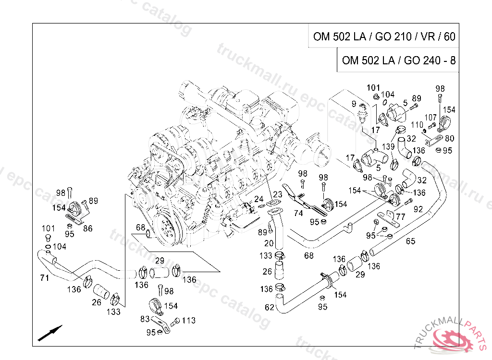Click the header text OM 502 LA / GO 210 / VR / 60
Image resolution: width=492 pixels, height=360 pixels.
point(384,36)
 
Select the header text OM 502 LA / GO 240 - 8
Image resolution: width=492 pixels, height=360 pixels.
point(399,61)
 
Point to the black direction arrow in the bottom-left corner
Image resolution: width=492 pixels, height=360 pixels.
point(50,332)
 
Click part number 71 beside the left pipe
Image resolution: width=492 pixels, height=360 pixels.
point(44,277)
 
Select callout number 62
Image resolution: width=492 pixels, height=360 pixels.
point(270,307)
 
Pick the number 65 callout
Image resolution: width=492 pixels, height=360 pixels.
point(410,241)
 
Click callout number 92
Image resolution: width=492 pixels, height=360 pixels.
point(418,209)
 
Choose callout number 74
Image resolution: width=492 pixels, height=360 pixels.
point(298,213)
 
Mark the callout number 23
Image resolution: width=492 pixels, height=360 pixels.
point(278,194)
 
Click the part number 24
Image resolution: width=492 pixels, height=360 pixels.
point(259,199)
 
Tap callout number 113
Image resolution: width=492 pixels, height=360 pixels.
point(189,320)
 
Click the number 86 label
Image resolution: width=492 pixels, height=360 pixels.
point(87,229)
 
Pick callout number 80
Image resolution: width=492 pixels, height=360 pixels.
point(450,139)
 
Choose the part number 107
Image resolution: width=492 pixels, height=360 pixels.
point(430,117)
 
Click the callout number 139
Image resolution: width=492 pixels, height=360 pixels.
point(388,145)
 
